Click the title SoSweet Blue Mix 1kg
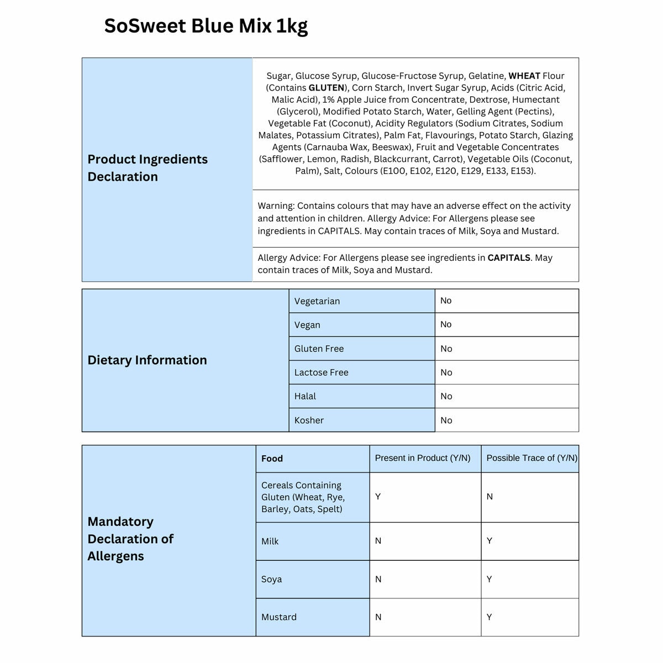[206, 26]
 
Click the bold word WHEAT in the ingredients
[524, 76]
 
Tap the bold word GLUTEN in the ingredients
[326, 88]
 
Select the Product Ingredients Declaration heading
[148, 167]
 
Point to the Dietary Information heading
[147, 360]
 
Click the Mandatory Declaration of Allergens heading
[130, 539]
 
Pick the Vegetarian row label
[317, 301]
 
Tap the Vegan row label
[307, 325]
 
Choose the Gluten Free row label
[319, 349]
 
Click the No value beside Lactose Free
[446, 372]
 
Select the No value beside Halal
[446, 396]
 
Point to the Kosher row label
[309, 420]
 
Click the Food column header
[272, 459]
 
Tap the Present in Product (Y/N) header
[423, 458]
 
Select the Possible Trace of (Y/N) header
[532, 458]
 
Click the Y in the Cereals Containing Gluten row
[378, 497]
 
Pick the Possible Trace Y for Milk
[489, 541]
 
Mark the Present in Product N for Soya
[378, 579]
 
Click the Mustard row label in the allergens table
[278, 617]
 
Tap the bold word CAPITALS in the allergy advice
[508, 257]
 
